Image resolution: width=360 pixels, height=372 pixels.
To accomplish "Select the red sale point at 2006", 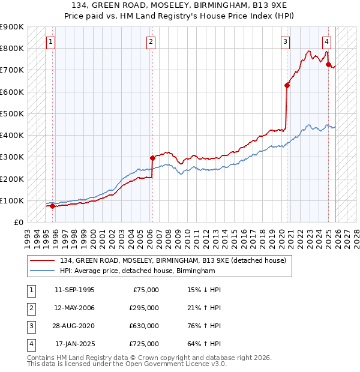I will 152,158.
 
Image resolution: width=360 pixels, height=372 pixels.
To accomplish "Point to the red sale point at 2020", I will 287,85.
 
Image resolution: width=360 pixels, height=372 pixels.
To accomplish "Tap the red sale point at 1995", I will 53,206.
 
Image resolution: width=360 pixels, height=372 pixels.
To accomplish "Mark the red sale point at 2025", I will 329,65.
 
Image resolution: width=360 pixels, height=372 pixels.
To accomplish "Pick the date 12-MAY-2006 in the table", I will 74,308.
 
